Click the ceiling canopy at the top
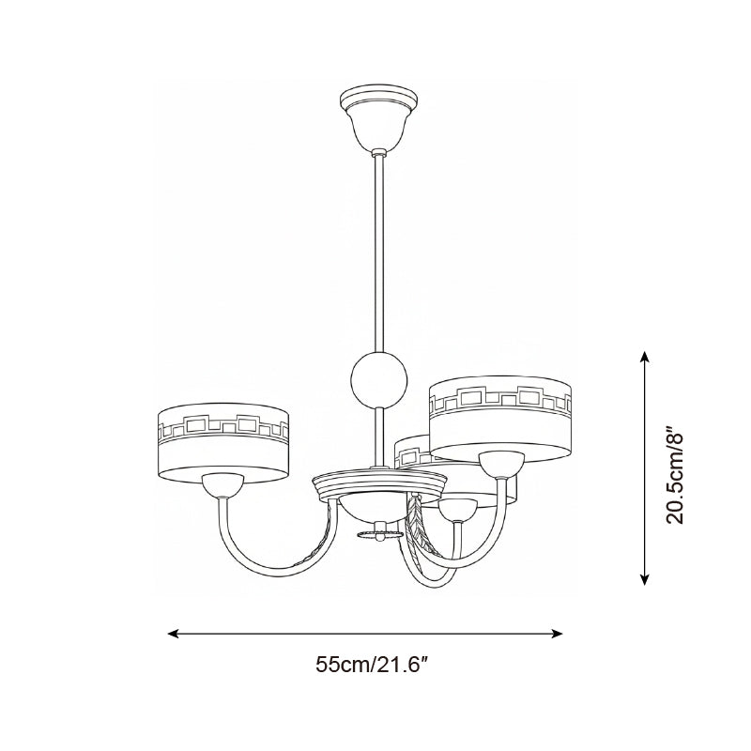[x=378, y=116]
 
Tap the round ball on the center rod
[x=379, y=379]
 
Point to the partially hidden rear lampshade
[x=412, y=448]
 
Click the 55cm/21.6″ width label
[x=371, y=665]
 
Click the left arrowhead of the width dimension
[x=173, y=634]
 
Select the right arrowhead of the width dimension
[x=557, y=634]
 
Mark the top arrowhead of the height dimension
[x=645, y=356]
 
